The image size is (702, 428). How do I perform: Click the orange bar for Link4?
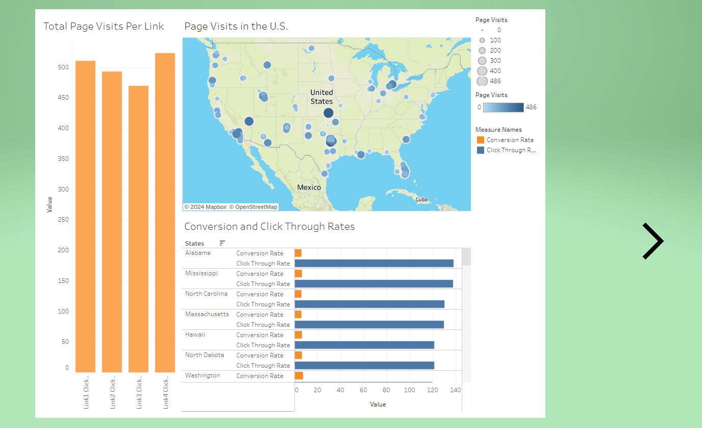tap(165, 212)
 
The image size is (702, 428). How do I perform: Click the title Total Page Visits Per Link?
tap(104, 26)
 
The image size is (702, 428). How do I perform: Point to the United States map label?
tap(321, 97)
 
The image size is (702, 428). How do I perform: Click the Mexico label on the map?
tap(309, 187)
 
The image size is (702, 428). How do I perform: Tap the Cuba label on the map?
tap(421, 200)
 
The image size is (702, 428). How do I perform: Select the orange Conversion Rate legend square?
tap(480, 140)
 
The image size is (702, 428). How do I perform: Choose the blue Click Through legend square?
tap(480, 150)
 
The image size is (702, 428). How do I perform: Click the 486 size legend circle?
tap(482, 81)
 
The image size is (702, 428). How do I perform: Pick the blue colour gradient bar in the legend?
tap(503, 107)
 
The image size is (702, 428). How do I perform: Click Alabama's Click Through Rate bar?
tap(374, 264)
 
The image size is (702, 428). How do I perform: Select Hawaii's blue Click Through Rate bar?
tap(364, 345)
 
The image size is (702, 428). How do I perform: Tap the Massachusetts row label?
tap(207, 314)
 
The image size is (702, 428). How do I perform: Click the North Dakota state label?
tap(204, 355)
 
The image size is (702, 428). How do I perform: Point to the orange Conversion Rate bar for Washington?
tap(299, 376)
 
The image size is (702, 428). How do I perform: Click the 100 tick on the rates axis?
tap(409, 390)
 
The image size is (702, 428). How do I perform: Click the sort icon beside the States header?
tap(222, 243)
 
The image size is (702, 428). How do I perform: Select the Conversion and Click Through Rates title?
tap(269, 226)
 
